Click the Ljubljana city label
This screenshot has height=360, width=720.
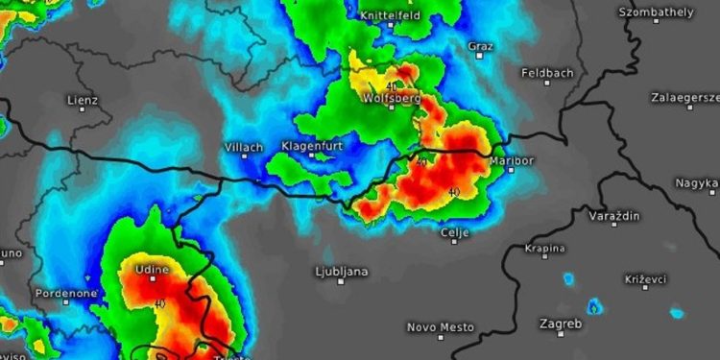pos(341,272)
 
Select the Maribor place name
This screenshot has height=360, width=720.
pos(512,160)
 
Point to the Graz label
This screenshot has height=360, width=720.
pos(480,45)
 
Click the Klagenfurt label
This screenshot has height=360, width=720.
pos(312,145)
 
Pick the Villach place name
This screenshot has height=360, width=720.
pos(243,147)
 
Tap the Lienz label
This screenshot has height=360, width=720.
pos(83,99)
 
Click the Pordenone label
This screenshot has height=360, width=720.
pos(65,292)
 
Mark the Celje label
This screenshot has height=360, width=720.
pos(454,232)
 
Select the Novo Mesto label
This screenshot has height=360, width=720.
pos(441,327)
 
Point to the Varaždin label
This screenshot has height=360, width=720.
pos(614,216)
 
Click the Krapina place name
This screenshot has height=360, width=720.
pos(544,248)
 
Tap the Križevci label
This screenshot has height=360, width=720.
pos(645,277)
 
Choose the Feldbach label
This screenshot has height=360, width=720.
pos(546,73)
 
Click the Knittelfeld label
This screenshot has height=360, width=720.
pos(391,16)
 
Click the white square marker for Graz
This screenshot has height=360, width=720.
pos(480,56)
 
